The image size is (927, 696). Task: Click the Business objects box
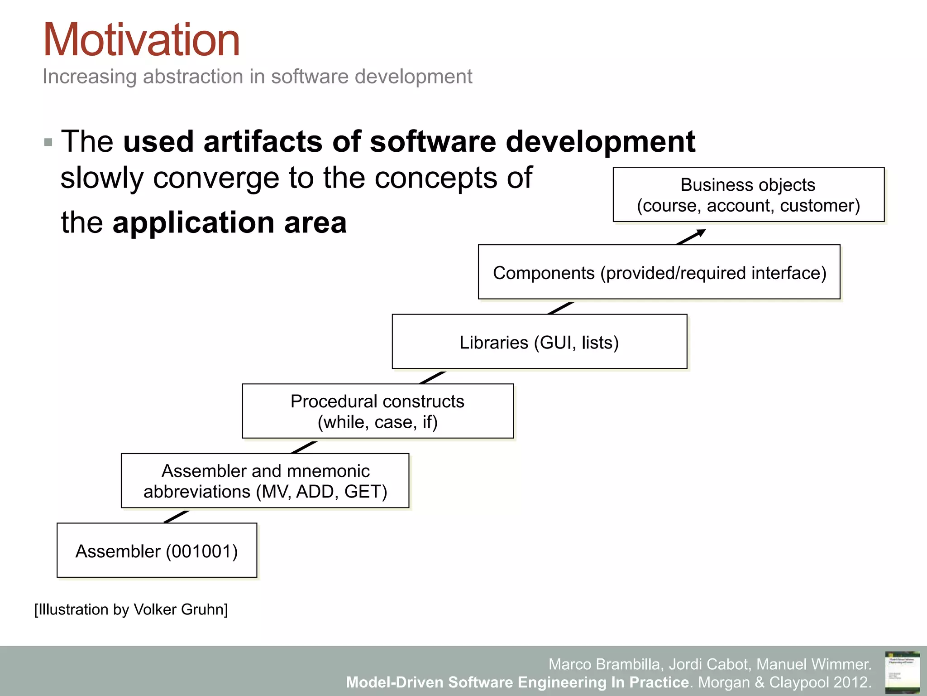pos(748,194)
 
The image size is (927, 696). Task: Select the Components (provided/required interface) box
pos(659,272)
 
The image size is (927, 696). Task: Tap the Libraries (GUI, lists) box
pos(539,342)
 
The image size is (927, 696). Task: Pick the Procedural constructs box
pos(377,411)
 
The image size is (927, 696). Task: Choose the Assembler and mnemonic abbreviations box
pos(265,481)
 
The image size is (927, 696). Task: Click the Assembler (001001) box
pos(157,551)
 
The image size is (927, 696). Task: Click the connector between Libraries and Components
pos(560,308)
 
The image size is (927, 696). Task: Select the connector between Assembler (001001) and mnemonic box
pos(176,517)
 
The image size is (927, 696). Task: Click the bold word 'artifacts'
pos(263,141)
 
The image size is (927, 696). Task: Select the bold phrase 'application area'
pos(229,222)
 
